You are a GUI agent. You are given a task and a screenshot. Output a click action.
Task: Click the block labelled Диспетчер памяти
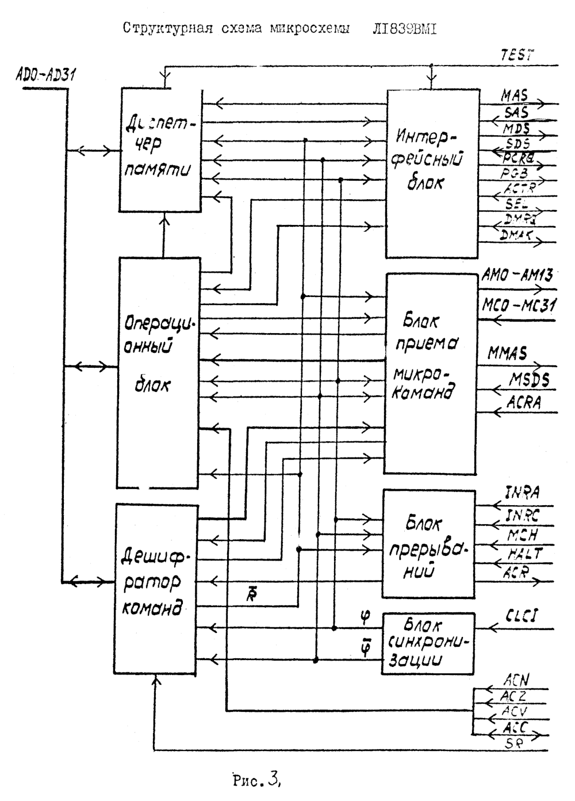[x=160, y=151]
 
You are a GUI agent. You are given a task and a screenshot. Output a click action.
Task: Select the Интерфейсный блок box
[x=432, y=173]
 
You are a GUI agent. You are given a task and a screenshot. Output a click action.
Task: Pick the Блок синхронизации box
[x=428, y=643]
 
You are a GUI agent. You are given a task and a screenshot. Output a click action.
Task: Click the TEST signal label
[x=517, y=55]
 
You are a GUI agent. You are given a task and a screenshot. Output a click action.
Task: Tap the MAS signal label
[x=515, y=94]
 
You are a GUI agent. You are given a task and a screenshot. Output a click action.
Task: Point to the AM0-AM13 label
[x=516, y=276]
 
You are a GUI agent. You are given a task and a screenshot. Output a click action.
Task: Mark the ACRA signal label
[x=524, y=402]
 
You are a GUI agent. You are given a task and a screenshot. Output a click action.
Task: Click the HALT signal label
[x=525, y=553]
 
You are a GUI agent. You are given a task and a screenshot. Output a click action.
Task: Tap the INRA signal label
[x=522, y=493]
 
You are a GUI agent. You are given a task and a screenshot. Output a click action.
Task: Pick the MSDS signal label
[x=528, y=379]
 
